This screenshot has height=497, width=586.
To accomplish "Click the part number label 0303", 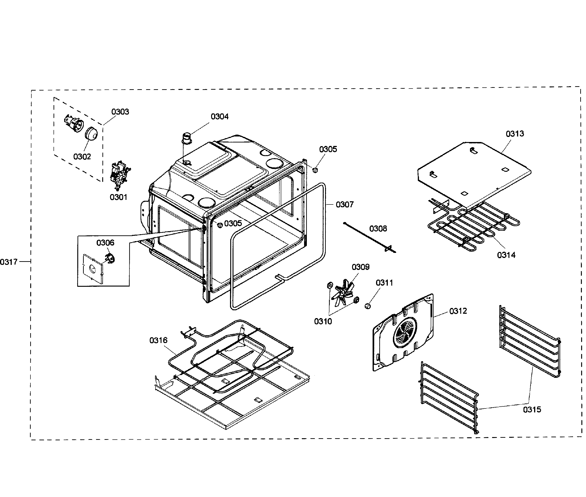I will [x=120, y=112].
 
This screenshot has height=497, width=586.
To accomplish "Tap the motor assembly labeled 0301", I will [x=120, y=175].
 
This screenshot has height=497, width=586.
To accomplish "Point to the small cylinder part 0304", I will [x=187, y=138].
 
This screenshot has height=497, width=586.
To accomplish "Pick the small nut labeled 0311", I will [x=368, y=306].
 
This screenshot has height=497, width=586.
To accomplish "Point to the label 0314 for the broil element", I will [x=506, y=255].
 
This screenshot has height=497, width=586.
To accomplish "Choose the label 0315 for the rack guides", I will [x=532, y=409].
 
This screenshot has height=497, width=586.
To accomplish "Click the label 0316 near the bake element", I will [x=158, y=340].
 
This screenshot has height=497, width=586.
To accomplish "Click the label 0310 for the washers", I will [x=323, y=321].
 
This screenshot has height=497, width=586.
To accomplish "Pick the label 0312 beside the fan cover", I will [x=458, y=311].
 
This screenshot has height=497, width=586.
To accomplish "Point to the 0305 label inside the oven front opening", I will [x=233, y=223].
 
